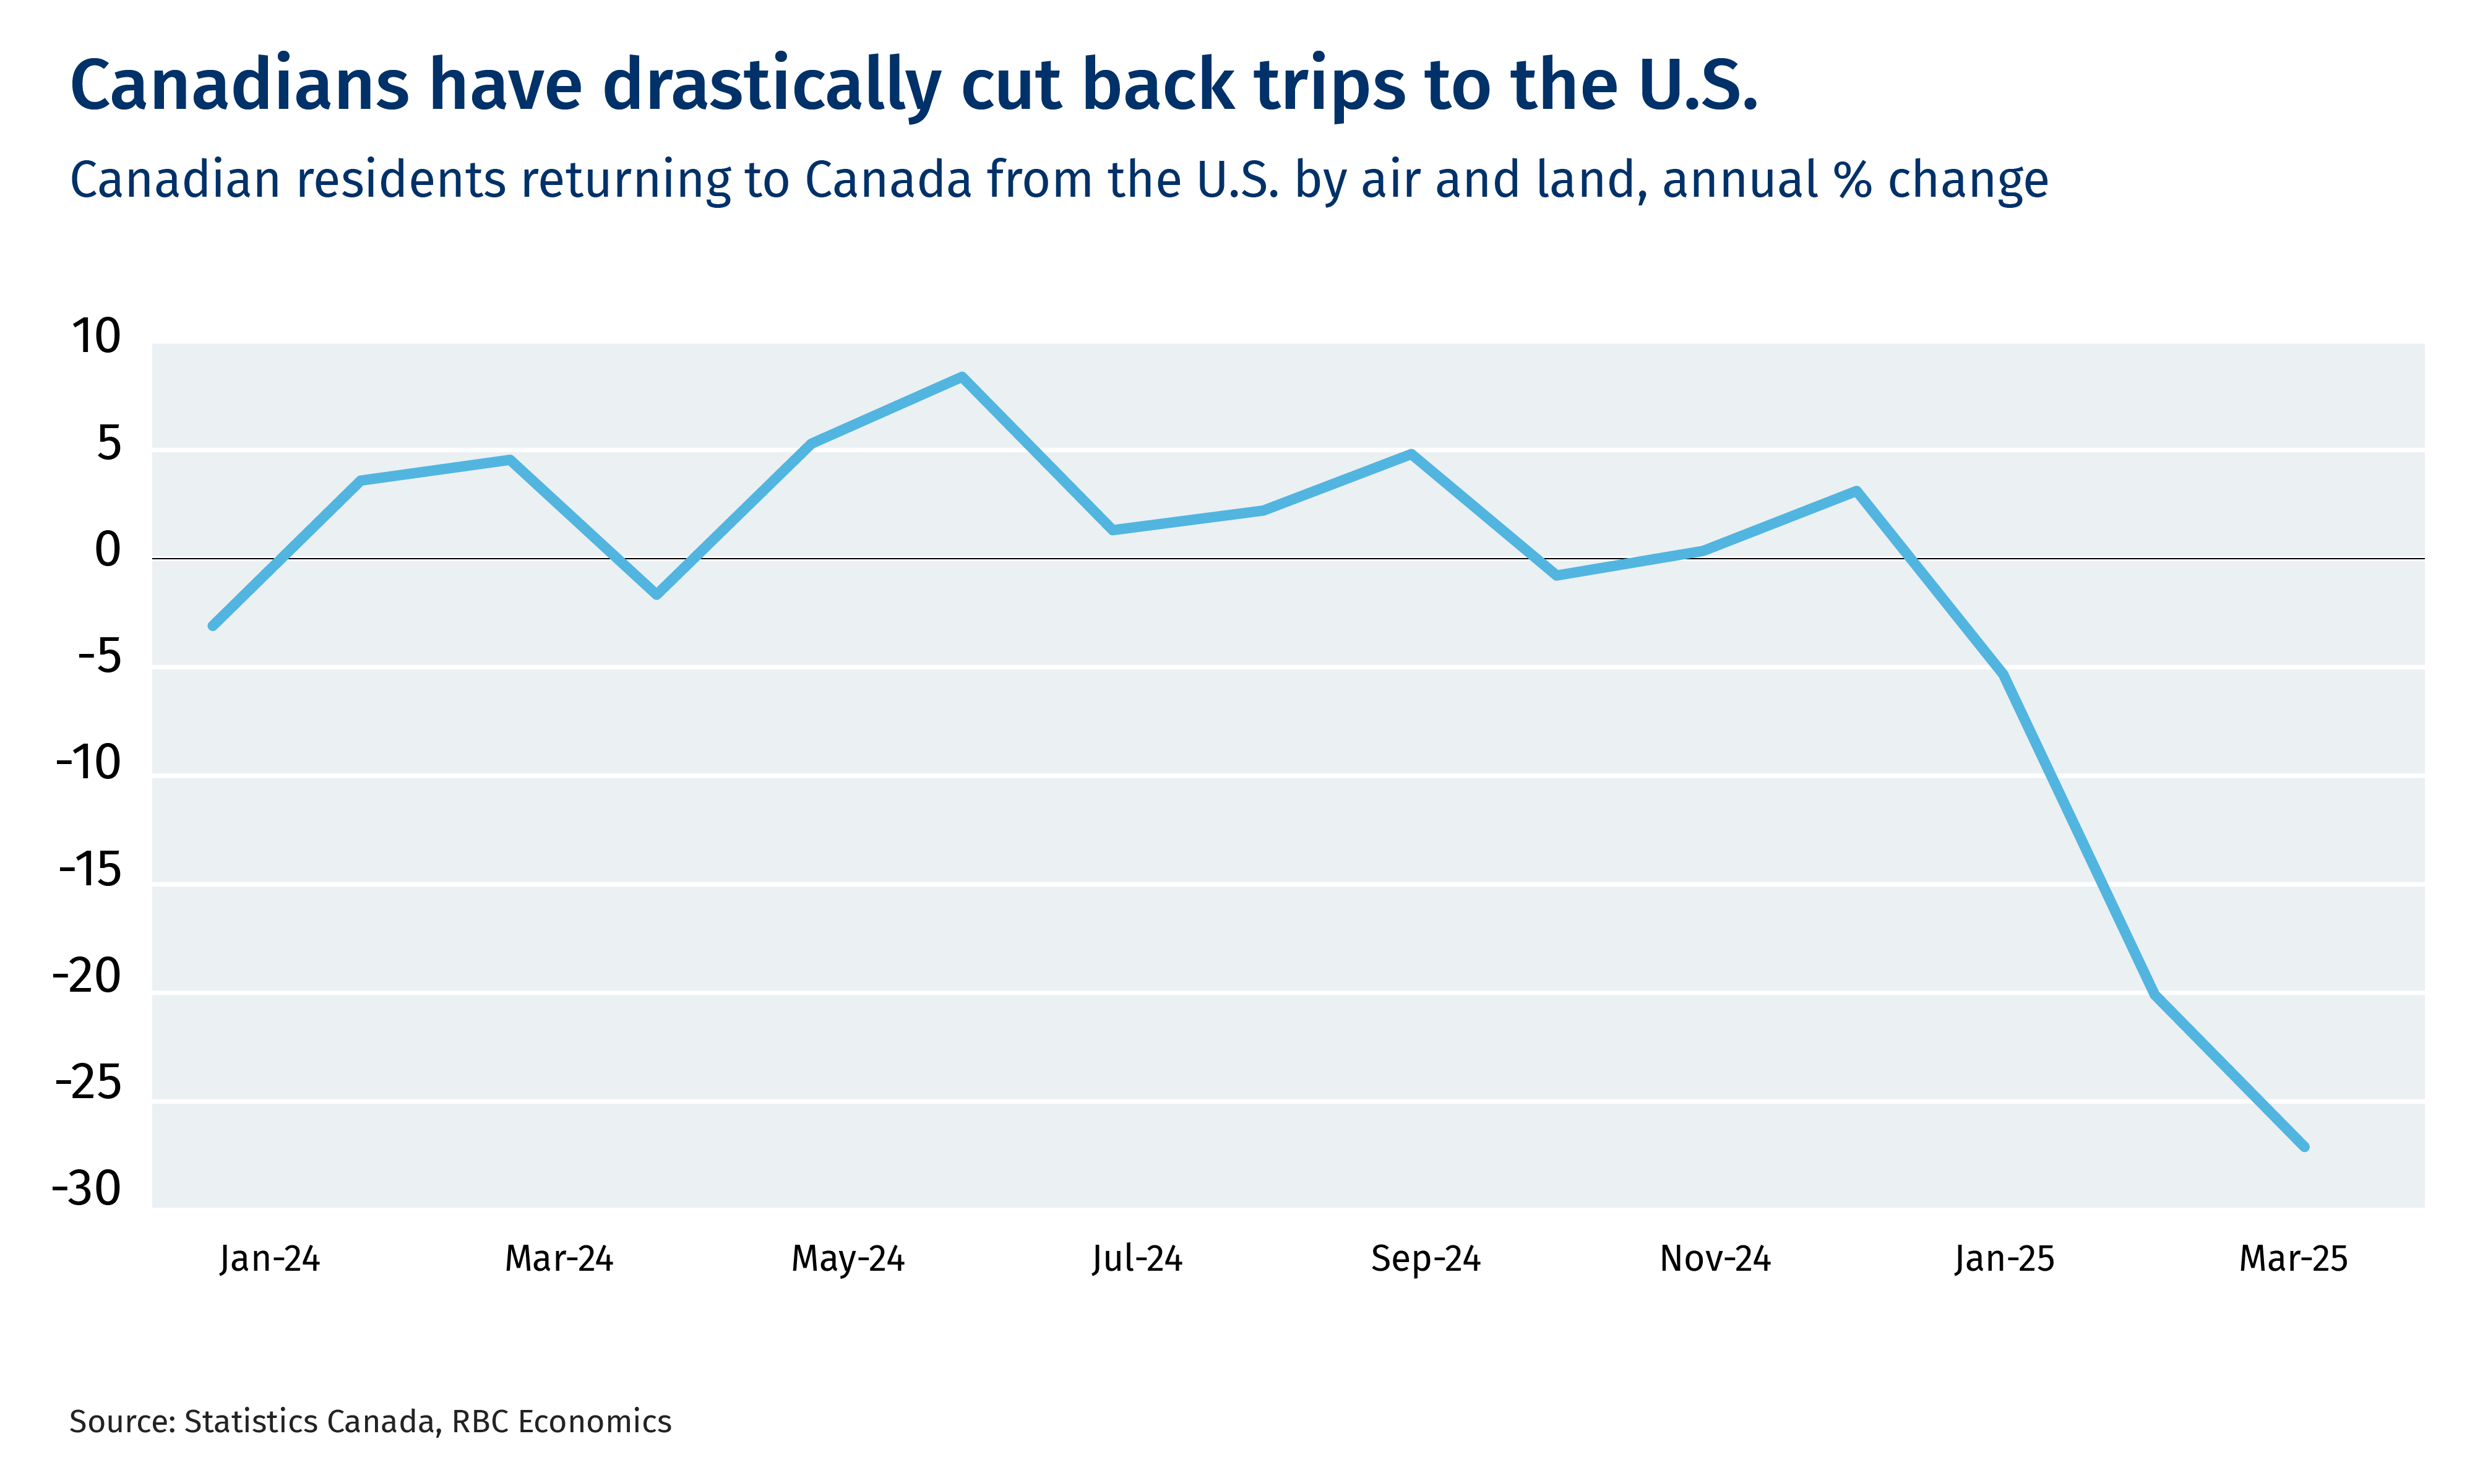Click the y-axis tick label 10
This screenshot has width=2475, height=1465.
point(96,338)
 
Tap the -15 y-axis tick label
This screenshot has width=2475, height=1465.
point(90,870)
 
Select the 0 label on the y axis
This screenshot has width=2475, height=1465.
point(108,551)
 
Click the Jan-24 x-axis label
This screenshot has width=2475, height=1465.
point(270,1259)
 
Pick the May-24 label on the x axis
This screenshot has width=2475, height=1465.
point(848,1259)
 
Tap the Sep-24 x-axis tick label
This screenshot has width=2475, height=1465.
point(1426,1259)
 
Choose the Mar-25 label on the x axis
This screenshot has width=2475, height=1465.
point(2293,1259)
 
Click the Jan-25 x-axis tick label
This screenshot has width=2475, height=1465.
point(2004,1259)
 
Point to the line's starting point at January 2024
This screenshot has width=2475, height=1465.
point(212,626)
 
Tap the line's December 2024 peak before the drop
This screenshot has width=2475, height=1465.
point(1857,491)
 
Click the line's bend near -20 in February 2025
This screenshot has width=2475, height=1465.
point(2155,994)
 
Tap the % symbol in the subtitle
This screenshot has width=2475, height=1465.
point(1853,181)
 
